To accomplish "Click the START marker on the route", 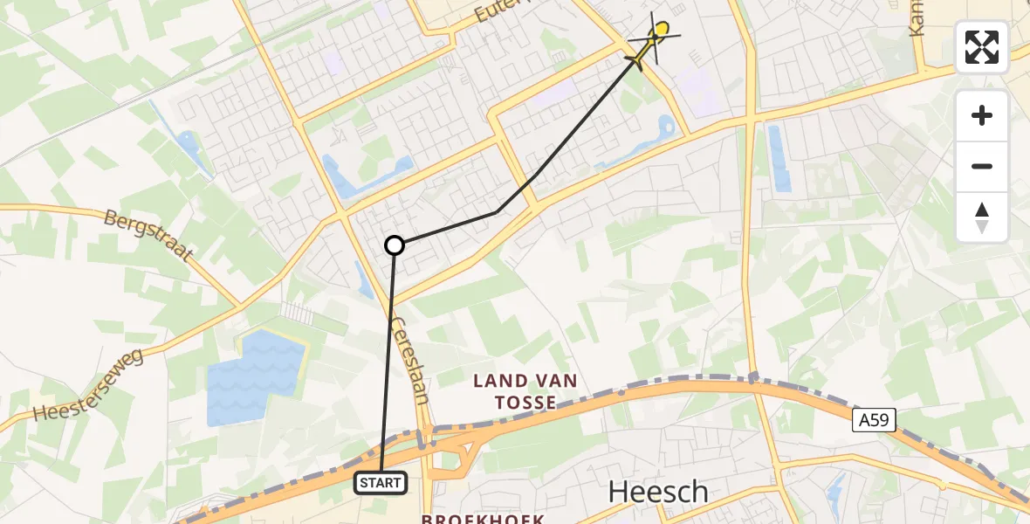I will [380, 483].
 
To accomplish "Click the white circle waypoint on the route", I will [395, 245].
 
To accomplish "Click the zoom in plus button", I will [982, 115].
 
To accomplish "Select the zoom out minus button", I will [982, 167].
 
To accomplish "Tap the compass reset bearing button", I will [982, 217].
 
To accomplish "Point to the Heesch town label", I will [658, 492].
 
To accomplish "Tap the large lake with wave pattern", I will [255, 377].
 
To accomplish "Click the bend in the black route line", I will [496, 212].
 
